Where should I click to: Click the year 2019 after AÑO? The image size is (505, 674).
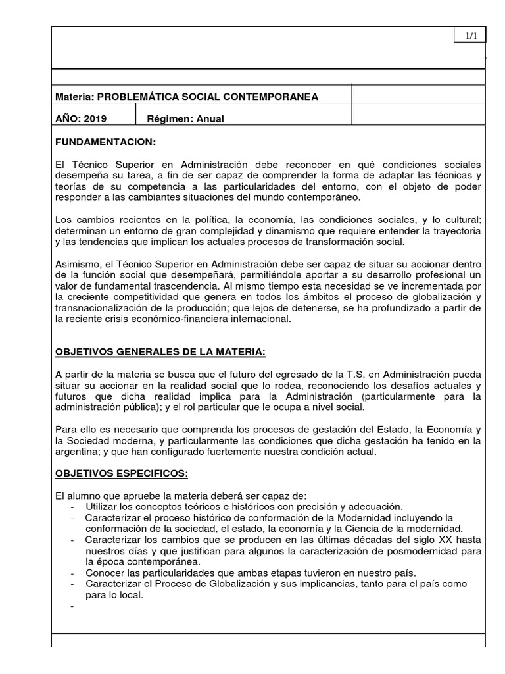(93, 119)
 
